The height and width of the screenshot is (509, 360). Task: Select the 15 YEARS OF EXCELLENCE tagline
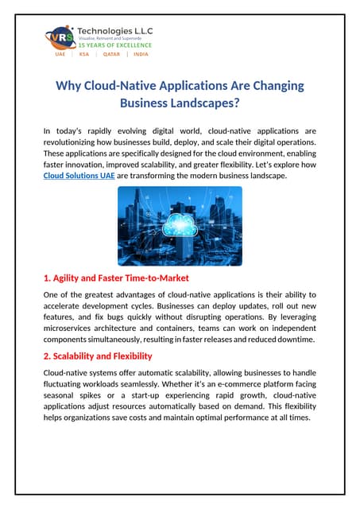(x=111, y=46)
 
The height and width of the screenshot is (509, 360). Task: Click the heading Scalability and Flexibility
(x=102, y=356)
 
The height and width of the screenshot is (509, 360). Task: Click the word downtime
(x=295, y=339)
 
